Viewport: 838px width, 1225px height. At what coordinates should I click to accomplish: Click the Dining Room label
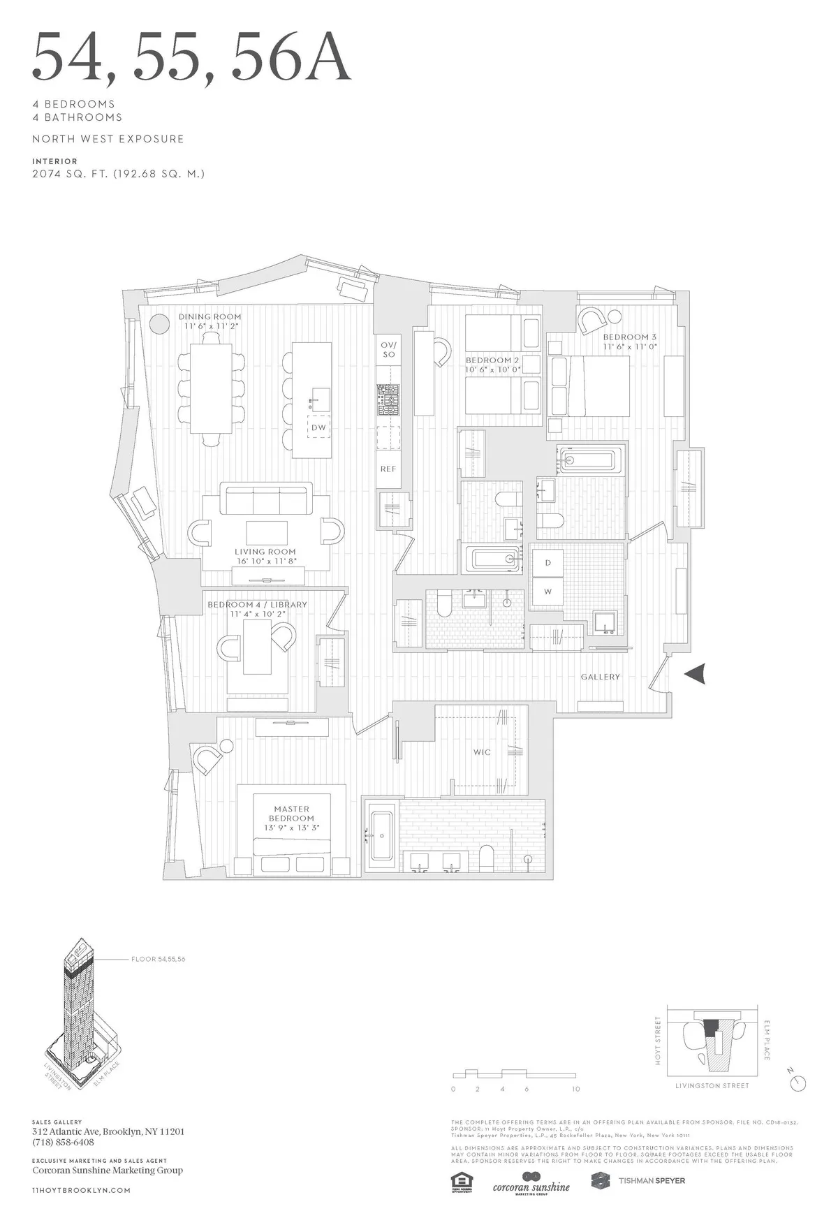pos(209,321)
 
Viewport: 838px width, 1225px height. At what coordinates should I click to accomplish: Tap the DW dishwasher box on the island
pos(318,427)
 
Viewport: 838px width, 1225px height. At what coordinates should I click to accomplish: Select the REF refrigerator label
pos(388,469)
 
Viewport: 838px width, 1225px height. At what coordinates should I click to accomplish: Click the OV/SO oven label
pos(389,349)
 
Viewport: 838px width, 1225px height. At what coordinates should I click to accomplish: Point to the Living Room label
pos(265,556)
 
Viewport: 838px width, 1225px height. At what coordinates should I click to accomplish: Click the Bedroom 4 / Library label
pos(257,609)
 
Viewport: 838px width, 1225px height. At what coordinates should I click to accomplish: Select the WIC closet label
pos(482,752)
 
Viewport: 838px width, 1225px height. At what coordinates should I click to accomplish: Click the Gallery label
pos(600,677)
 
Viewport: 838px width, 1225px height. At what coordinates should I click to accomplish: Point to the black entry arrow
pos(696,674)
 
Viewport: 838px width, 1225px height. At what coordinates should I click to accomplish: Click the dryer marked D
pos(548,563)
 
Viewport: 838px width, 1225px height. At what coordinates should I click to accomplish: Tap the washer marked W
pos(548,592)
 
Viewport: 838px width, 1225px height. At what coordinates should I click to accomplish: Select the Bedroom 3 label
pos(629,342)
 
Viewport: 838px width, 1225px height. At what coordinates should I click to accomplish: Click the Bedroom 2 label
pos(493,365)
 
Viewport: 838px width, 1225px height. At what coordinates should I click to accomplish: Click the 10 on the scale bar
pos(575,1089)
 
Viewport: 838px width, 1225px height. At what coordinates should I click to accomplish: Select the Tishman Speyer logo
pos(638,1180)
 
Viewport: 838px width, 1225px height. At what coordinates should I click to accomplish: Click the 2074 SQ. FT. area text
pos(118,173)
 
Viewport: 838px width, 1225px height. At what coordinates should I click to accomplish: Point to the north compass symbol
pos(797,1083)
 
